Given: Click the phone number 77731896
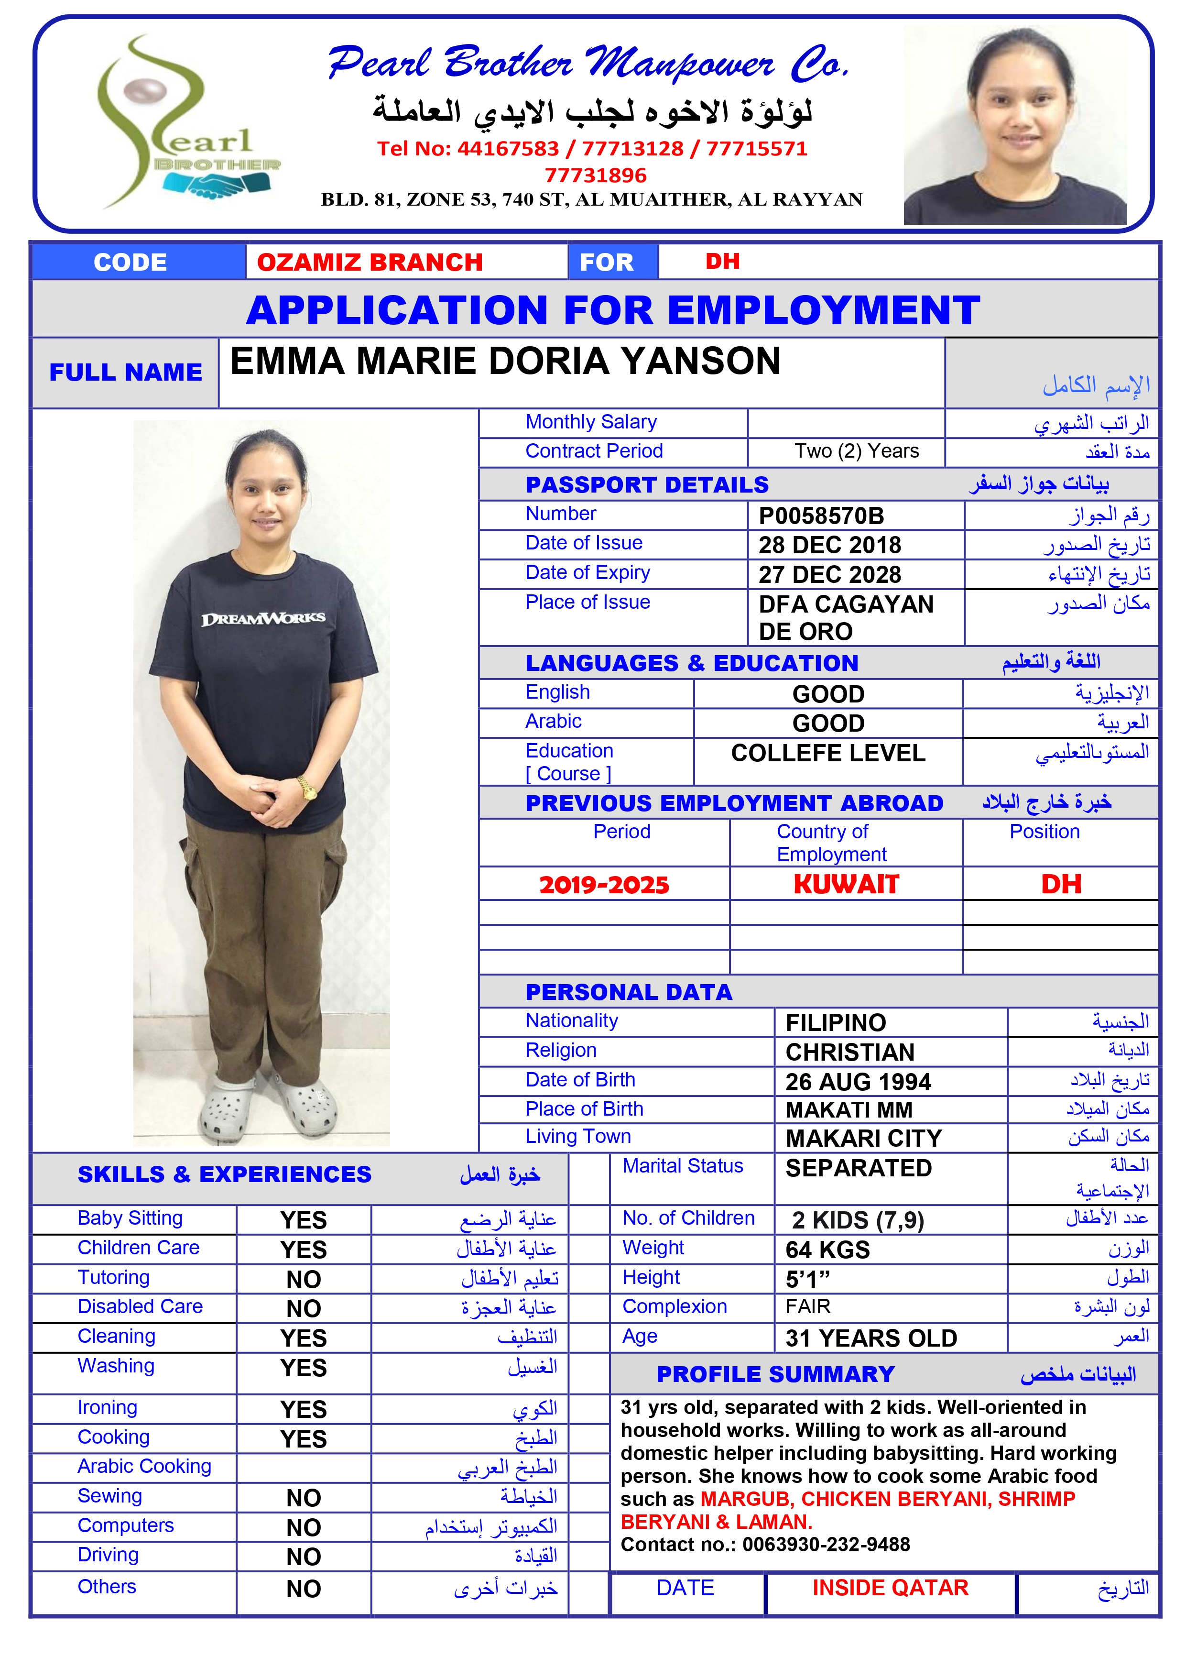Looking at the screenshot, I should (x=596, y=175).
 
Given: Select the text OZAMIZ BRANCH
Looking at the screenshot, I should (x=370, y=263).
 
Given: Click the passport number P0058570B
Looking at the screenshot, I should (x=821, y=516).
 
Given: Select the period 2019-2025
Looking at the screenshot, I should (x=604, y=885).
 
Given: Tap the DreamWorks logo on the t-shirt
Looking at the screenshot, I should (x=263, y=619).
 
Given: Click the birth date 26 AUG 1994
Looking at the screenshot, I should (x=858, y=1082).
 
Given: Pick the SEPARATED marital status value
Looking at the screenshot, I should (x=858, y=1168).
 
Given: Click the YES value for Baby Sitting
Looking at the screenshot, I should (x=303, y=1220).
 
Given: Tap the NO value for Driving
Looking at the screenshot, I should (x=303, y=1557).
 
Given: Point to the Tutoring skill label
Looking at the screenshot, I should (x=113, y=1277).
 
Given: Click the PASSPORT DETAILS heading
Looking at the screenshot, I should (x=647, y=484).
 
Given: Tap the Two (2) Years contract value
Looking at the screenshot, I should (x=857, y=451).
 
